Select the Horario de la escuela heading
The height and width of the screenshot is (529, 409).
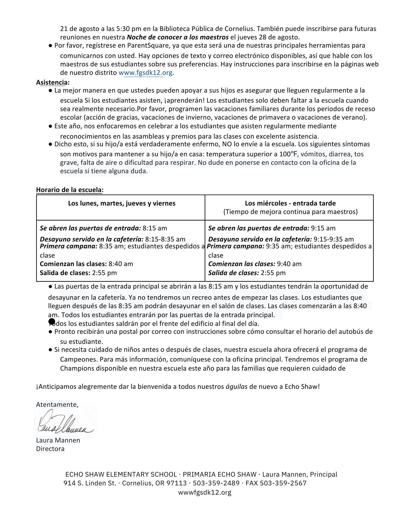(x=70, y=190)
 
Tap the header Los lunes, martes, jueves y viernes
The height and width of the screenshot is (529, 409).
(x=122, y=203)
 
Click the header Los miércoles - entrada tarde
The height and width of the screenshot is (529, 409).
(x=290, y=203)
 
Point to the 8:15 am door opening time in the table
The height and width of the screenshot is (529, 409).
(x=155, y=228)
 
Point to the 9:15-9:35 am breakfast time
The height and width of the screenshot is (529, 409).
(x=333, y=239)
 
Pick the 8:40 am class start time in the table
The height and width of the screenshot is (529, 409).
(x=121, y=264)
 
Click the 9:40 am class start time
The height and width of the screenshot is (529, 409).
(x=289, y=264)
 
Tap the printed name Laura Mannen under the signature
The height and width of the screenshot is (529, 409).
(x=58, y=440)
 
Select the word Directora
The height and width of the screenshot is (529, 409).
(x=50, y=449)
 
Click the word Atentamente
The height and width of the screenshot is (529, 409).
(x=57, y=404)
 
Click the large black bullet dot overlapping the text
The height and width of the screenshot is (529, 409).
(x=52, y=321)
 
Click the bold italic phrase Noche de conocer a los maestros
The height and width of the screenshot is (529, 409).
(x=177, y=37)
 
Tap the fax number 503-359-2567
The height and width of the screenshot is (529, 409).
(x=283, y=483)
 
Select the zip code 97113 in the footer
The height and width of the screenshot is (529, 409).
(x=176, y=483)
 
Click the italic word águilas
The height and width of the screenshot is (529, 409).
(x=236, y=387)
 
